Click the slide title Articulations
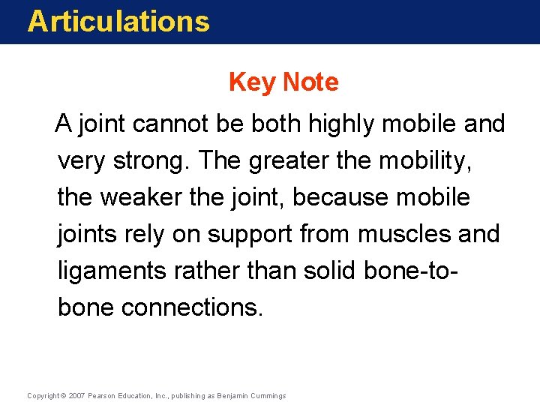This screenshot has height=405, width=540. coord(118,21)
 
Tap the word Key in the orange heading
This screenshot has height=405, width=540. coord(252,82)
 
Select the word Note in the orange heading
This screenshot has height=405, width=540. coord(310,82)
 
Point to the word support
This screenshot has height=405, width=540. coord(251,235)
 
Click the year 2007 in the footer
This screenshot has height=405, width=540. coord(76,395)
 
